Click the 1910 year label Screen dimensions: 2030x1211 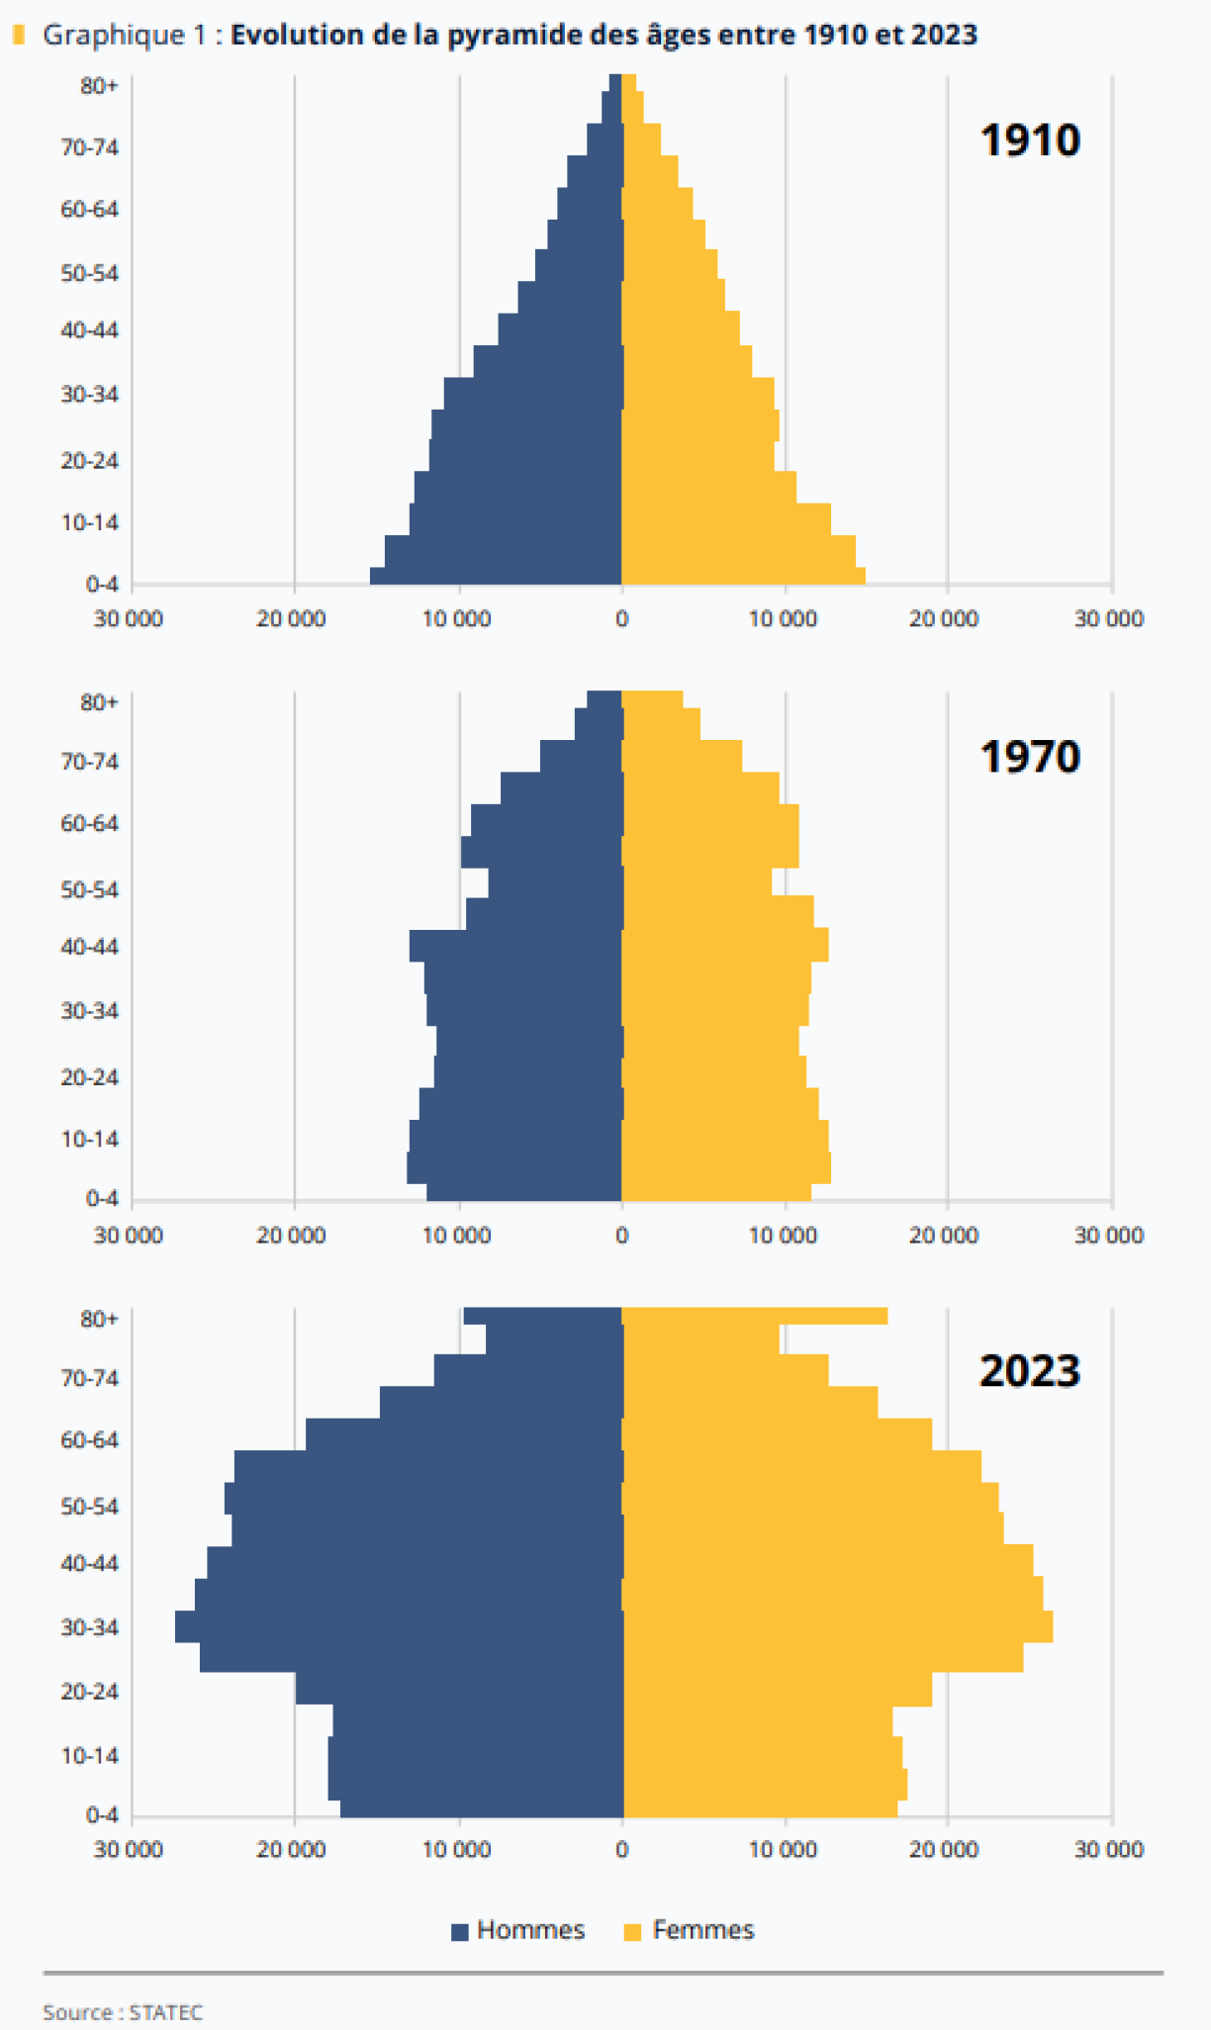coord(1030,140)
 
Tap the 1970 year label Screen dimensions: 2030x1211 coord(1030,757)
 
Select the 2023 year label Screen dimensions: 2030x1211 coord(1030,1371)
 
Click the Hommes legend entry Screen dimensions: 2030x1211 coord(519,1930)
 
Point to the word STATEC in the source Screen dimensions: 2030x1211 coord(166,2012)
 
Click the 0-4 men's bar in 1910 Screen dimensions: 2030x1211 coord(495,576)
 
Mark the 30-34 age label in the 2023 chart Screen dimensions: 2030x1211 coord(89,1627)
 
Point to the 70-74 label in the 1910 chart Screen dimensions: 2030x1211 coord(89,147)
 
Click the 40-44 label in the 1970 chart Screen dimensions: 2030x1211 coord(89,947)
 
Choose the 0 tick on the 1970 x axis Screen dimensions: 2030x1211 coord(621,1235)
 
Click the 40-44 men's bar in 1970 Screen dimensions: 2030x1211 coord(514,946)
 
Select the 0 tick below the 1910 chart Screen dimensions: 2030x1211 coord(621,619)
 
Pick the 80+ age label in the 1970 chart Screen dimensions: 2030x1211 coord(99,702)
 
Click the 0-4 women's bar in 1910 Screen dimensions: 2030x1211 coord(742,576)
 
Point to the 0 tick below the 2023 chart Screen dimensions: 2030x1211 coord(621,1849)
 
